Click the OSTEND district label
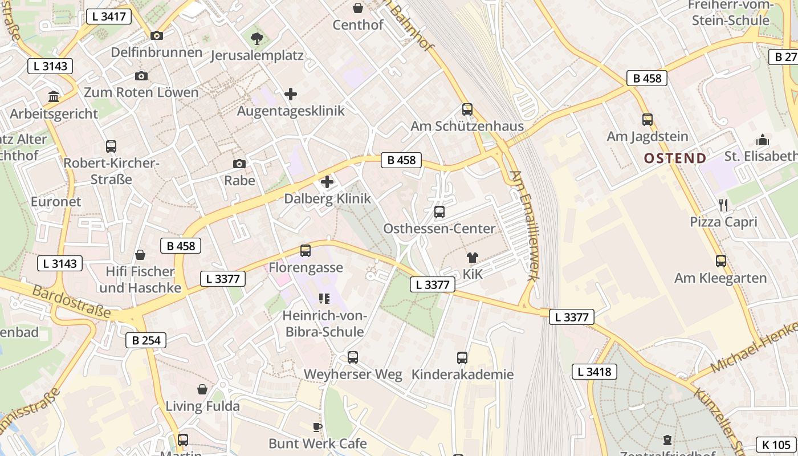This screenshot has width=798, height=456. click(x=675, y=158)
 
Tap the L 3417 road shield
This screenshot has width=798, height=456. click(x=108, y=16)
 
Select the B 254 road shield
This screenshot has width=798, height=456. click(x=145, y=340)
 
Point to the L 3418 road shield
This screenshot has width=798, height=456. click(x=594, y=372)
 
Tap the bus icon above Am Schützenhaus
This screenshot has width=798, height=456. click(x=467, y=109)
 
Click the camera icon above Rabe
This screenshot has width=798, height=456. click(x=239, y=164)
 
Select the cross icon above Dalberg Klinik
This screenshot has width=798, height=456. click(x=327, y=182)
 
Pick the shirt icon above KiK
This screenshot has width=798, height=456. click(x=472, y=257)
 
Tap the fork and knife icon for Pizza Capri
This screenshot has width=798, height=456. click(x=723, y=205)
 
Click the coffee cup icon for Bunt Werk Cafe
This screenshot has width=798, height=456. click(x=317, y=426)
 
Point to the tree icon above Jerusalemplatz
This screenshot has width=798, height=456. click(x=256, y=38)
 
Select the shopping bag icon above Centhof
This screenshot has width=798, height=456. click(x=358, y=8)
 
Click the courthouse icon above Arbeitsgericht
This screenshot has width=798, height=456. click(x=54, y=96)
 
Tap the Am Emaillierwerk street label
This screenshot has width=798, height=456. click(x=524, y=226)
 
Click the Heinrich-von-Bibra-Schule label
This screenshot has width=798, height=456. click(x=323, y=324)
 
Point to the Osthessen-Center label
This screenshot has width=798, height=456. click(x=439, y=229)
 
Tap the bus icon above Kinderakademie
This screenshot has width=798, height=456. click(x=462, y=357)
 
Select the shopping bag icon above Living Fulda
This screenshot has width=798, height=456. click(x=202, y=389)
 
